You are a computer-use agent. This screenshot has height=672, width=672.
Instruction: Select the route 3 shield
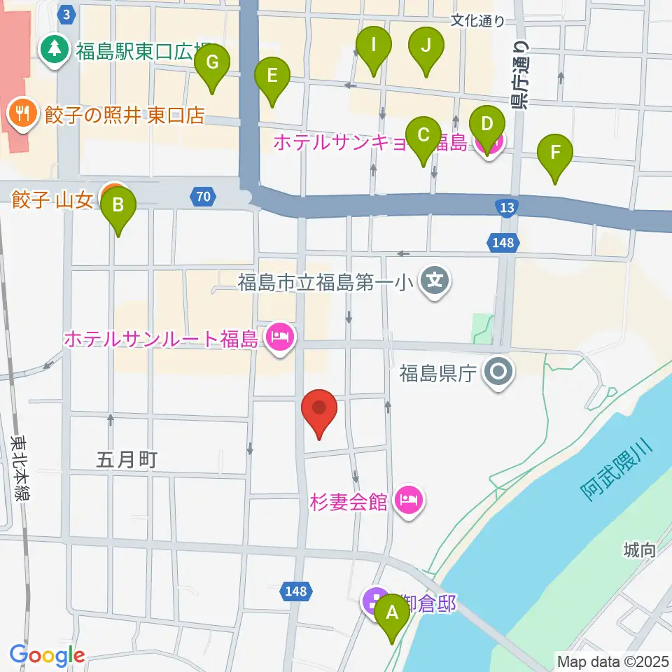point(66,14)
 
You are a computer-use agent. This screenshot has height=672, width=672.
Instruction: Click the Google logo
point(47,655)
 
